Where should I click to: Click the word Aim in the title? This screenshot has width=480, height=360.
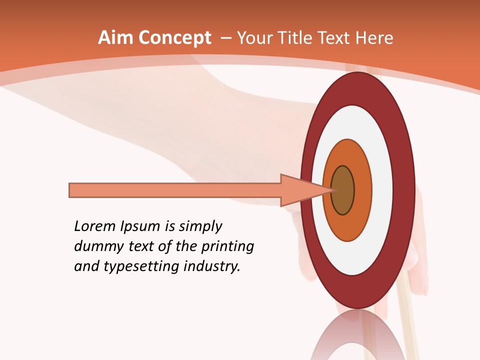coord(116,38)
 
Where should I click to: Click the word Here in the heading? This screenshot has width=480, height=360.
coord(375,38)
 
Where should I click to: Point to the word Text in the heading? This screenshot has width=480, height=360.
coord(336,38)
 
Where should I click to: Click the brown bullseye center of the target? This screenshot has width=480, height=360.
coord(342,190)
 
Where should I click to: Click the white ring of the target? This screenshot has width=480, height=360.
coord(382,190)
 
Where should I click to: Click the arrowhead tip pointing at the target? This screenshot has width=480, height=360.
coord(331,190)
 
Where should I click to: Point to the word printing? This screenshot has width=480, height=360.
coord(227,247)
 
